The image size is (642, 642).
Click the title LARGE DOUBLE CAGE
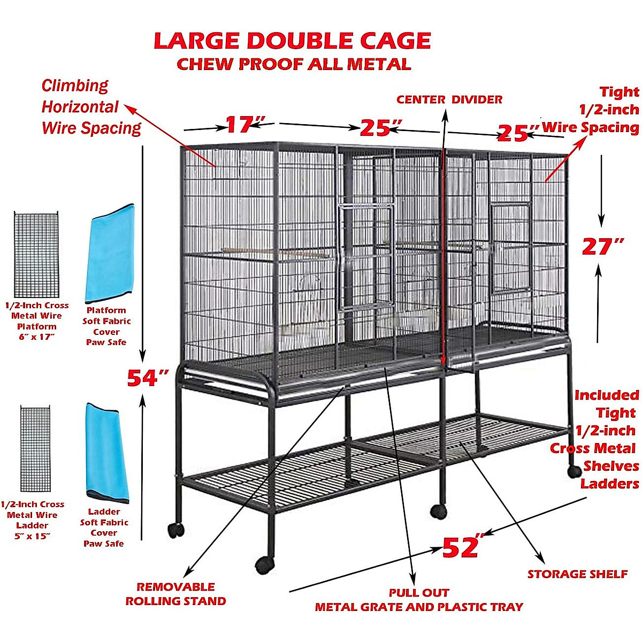coord(292,41)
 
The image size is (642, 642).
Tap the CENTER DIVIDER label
coord(449,100)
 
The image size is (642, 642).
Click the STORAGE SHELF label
coord(577,574)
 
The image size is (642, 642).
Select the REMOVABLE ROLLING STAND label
coord(175,594)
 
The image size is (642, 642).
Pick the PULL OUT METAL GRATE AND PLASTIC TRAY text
coord(418,600)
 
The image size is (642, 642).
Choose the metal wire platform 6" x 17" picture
coord(36,255)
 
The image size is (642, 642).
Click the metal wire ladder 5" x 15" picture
coord(35,449)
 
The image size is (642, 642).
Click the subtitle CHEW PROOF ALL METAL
coord(294,64)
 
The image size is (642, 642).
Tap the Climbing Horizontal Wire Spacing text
coord(91,107)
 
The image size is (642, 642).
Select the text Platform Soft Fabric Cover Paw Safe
coord(106,326)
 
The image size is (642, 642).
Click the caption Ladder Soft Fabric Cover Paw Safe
coord(104,528)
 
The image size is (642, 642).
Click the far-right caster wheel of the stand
coord(574,471)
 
